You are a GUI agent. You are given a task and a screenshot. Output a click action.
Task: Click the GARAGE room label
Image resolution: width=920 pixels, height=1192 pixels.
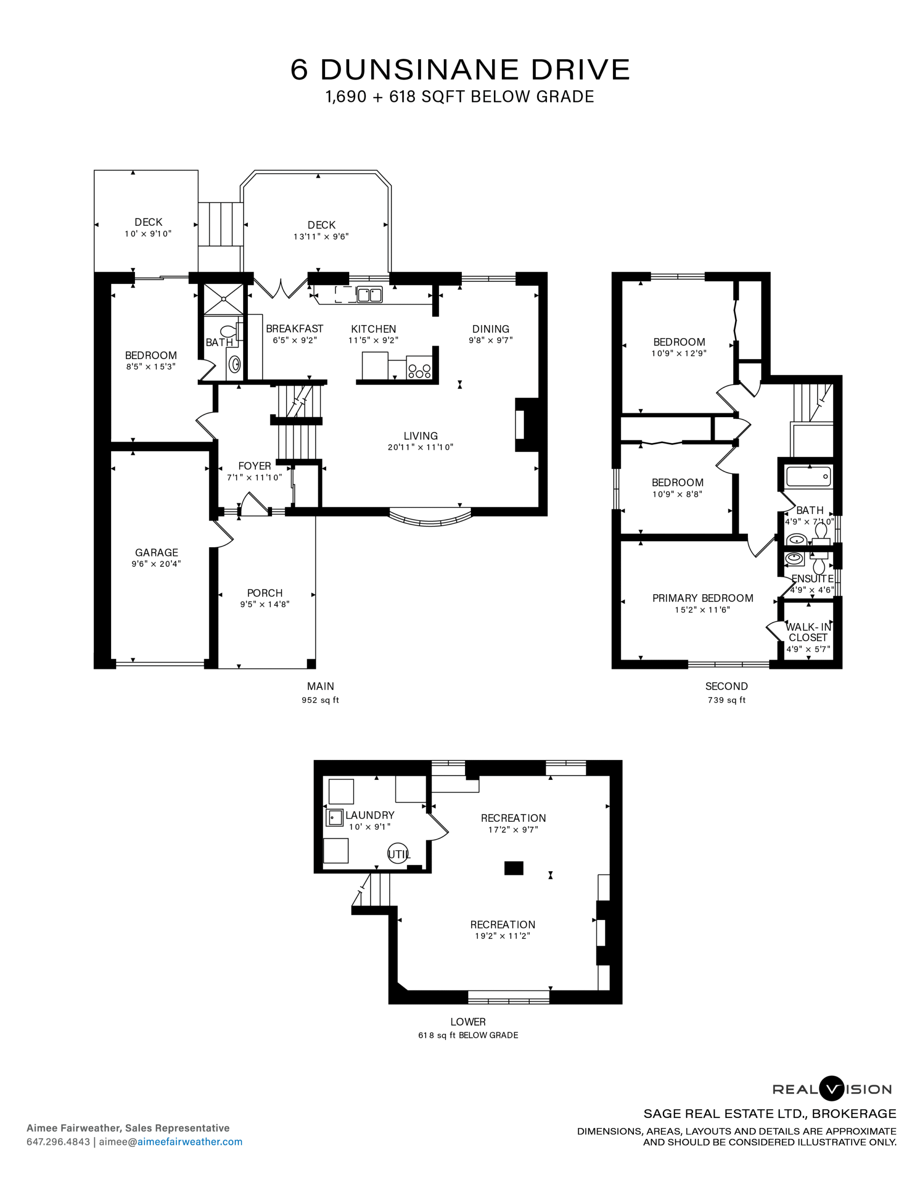click(x=157, y=552)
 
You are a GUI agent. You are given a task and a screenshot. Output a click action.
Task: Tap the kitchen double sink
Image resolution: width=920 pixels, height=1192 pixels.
click(x=369, y=295)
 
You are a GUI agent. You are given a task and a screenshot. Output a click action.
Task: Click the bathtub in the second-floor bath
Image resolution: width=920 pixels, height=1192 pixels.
click(x=809, y=476)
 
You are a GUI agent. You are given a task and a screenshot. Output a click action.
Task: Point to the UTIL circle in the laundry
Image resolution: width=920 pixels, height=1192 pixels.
click(x=398, y=854)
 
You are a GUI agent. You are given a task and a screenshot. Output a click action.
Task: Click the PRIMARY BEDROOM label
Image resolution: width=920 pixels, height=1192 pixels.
click(x=703, y=598)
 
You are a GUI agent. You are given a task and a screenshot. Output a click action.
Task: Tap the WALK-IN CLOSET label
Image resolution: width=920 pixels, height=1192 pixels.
click(x=808, y=632)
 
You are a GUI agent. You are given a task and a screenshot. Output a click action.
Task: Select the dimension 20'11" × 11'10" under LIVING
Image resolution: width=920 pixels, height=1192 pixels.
click(x=420, y=447)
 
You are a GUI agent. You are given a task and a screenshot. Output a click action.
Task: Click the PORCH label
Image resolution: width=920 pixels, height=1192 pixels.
click(x=265, y=593)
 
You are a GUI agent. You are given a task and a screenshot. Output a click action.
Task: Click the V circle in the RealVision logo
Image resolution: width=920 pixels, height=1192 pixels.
click(x=832, y=1089)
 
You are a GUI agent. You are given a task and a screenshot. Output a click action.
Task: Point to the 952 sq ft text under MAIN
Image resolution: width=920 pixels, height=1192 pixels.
click(x=320, y=700)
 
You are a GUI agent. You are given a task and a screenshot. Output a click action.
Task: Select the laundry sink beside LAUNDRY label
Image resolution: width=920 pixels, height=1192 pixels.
click(x=334, y=818)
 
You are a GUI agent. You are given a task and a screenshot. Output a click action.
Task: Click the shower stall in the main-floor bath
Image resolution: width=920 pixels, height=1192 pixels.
click(x=224, y=299)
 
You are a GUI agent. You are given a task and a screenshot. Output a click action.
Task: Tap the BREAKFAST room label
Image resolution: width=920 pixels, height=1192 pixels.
click(x=294, y=329)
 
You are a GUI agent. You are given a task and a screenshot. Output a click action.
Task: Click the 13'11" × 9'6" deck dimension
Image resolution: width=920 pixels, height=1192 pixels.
click(x=321, y=237)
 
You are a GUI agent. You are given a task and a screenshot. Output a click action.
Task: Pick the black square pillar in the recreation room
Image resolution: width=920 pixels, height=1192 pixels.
click(x=513, y=868)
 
